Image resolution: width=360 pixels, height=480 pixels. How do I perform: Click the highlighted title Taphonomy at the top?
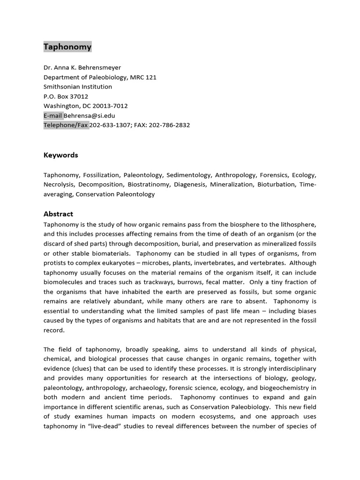point(67,47)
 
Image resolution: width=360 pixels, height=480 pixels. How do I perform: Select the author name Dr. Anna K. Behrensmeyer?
point(82,67)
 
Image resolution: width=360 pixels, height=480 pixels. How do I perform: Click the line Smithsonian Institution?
point(78,87)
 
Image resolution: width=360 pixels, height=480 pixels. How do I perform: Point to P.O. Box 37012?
point(66,97)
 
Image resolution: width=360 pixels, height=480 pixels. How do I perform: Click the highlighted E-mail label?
point(53,115)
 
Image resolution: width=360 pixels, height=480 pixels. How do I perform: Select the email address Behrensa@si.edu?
point(90,115)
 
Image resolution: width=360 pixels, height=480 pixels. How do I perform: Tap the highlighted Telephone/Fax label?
point(66,125)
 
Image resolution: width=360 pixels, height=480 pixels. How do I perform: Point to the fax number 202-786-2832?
point(170,125)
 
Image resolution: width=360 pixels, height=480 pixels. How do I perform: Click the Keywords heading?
point(61,155)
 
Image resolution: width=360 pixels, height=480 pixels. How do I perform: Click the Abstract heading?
point(58,214)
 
